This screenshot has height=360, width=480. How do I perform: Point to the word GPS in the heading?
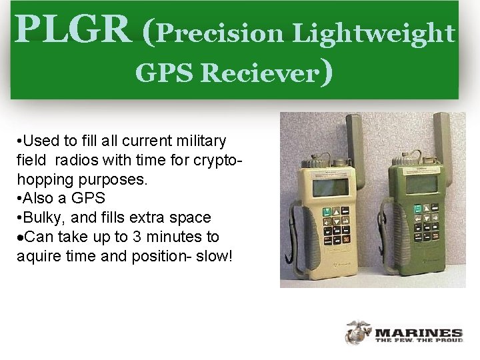(163, 73)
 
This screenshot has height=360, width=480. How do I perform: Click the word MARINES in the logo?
(419, 333)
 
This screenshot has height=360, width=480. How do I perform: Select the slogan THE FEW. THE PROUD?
(419, 341)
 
